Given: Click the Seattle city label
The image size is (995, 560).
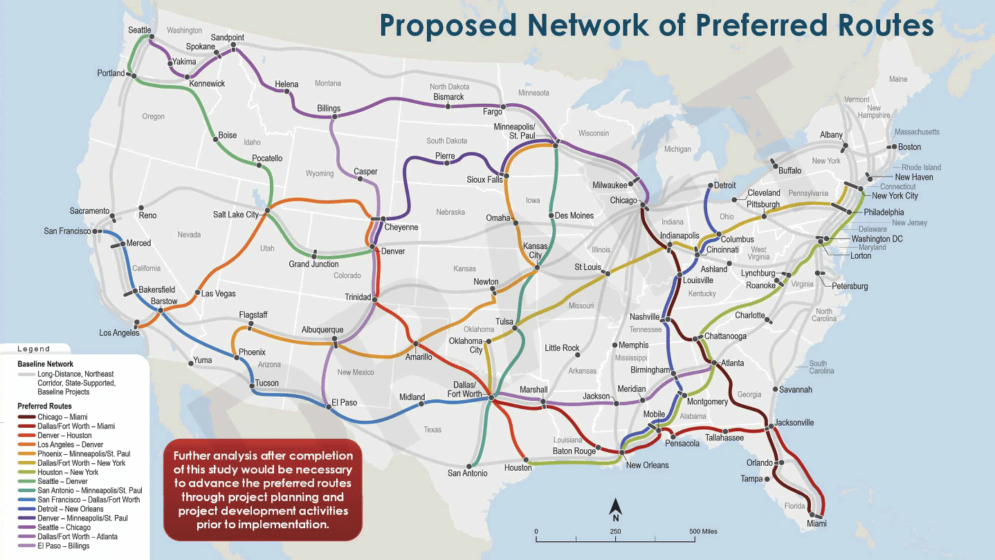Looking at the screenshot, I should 139,30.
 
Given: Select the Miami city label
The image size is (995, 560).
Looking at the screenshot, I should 816,523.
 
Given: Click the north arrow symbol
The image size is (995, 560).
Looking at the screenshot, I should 614,509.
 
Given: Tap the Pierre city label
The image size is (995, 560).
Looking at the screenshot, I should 445,156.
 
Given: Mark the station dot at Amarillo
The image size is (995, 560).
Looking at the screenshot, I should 415,343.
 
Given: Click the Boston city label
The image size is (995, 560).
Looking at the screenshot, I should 909,147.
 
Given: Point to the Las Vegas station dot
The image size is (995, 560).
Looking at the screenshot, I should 197,293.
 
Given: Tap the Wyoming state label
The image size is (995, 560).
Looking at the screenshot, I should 320,173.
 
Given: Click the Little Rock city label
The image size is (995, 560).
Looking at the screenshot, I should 562,348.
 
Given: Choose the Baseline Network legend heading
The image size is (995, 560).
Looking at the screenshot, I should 45,364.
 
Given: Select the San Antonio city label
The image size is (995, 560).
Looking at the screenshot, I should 468,473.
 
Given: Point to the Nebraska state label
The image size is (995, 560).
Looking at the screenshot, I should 450,212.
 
